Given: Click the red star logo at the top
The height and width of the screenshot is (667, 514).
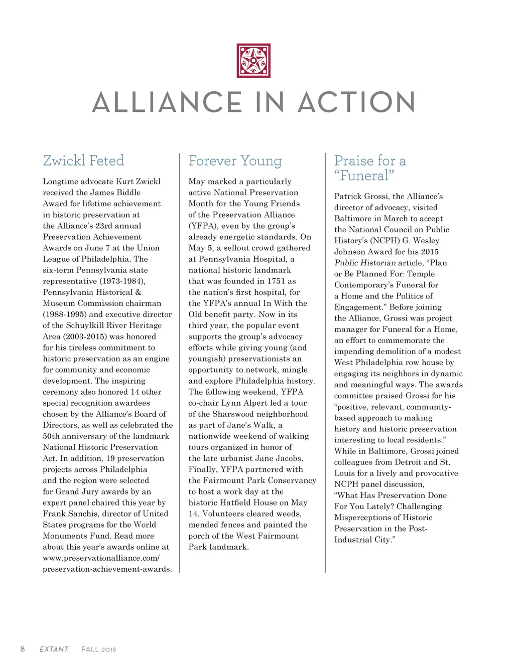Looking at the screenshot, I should click(x=253, y=61).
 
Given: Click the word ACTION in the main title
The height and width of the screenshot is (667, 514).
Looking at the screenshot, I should click(x=356, y=102).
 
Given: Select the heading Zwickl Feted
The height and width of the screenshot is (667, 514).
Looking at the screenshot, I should click(x=83, y=160).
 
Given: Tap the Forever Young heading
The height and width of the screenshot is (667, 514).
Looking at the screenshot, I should click(x=235, y=161).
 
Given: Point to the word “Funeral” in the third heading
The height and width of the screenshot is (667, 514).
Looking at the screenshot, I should click(x=364, y=176).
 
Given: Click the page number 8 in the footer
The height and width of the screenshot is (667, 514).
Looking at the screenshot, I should click(x=23, y=649).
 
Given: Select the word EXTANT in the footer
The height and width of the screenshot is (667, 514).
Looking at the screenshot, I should click(x=54, y=649).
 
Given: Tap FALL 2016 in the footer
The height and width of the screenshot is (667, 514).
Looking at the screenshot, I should click(x=99, y=649).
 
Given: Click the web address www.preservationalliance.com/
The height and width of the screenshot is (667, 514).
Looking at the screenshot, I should click(x=101, y=558).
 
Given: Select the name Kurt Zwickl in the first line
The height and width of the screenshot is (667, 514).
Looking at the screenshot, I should click(x=138, y=181).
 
